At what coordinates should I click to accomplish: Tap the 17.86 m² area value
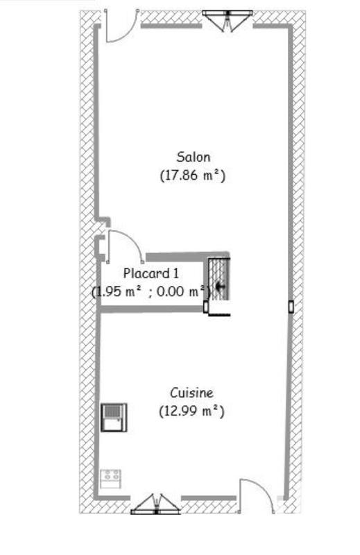(193, 176)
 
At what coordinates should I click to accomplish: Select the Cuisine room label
(193, 392)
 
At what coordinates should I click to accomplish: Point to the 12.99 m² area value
(193, 411)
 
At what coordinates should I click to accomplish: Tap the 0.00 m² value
(182, 291)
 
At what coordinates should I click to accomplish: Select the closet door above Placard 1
(125, 244)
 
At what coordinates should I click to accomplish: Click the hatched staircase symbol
(219, 279)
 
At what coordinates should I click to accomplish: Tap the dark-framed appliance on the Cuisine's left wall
(112, 418)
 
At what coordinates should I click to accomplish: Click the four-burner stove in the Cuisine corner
(111, 477)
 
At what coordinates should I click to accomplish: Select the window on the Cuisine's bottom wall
(155, 504)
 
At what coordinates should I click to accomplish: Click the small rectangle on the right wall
(291, 306)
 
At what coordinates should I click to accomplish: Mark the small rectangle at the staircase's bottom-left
(206, 306)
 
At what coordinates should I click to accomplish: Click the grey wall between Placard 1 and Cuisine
(153, 309)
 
